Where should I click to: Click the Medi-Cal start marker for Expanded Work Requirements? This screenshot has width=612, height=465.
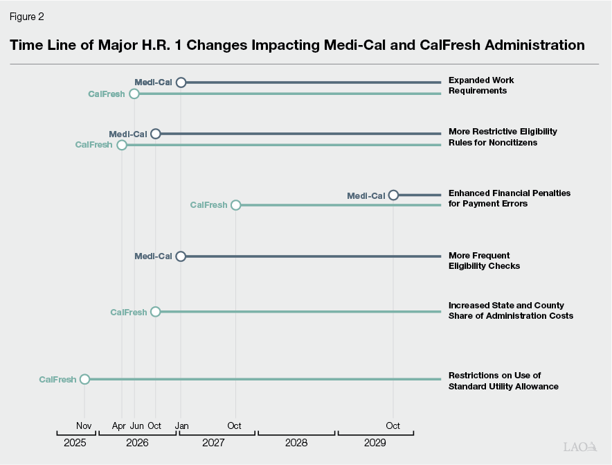coord(181,82)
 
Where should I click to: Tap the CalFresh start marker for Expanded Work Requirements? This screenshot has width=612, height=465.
coord(134,94)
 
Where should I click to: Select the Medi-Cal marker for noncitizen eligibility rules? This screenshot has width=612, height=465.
coord(156,134)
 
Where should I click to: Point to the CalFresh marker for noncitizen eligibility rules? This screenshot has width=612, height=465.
coord(122,145)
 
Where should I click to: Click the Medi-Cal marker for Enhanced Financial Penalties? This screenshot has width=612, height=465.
coord(393,195)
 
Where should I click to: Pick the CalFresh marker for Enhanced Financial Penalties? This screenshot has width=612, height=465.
coord(235,205)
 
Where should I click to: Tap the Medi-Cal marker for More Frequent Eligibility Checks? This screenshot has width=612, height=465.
coord(181,256)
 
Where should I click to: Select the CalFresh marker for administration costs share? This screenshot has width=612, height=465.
coord(155,312)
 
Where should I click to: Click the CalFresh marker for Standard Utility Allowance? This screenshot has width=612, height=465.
coord(84,379)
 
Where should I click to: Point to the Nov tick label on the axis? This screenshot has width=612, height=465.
coord(84,425)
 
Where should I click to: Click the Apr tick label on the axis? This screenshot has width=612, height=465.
coord(119,425)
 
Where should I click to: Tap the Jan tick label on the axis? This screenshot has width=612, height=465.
coord(181,425)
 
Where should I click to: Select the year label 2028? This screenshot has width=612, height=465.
coord(296,441)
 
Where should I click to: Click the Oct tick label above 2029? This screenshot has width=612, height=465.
coord(393,425)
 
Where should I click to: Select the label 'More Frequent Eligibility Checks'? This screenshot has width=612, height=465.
coord(484,261)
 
